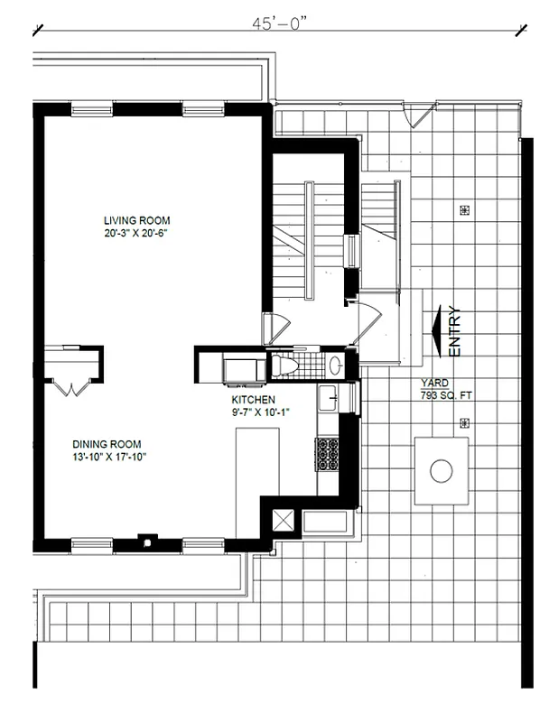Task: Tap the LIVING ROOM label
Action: [136, 220]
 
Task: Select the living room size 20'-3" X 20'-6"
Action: [136, 234]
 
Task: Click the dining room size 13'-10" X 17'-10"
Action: [109, 457]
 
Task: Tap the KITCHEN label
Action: [253, 400]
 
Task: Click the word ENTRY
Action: [453, 332]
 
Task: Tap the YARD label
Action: [433, 383]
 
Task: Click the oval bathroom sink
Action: [335, 366]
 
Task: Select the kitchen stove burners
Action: [326, 454]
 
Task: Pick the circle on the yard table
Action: [442, 470]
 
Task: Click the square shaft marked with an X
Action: [284, 520]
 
